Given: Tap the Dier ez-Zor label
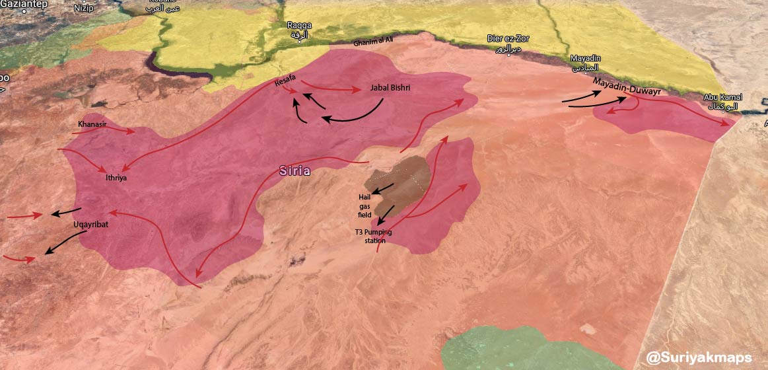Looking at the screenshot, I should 508,43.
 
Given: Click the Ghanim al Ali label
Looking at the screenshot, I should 373,40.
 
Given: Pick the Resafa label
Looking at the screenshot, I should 286,82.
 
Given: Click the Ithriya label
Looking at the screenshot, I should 115,178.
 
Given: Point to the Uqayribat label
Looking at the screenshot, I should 90,225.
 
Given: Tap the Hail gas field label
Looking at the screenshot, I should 365,202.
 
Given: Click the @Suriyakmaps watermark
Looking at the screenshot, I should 699,357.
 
